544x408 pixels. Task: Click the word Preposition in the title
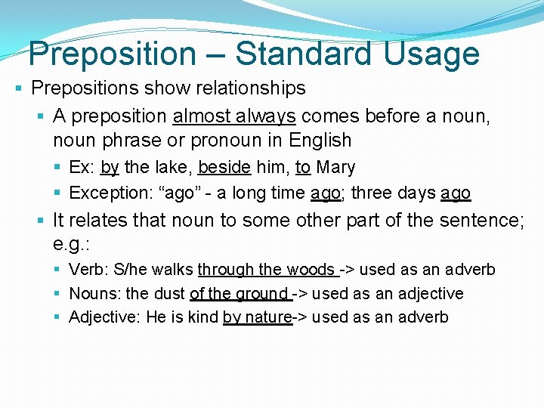(112, 54)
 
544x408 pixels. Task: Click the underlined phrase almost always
(233, 116)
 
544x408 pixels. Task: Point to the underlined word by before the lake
(110, 167)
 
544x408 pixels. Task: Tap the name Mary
(335, 167)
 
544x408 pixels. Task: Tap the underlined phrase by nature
(257, 317)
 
